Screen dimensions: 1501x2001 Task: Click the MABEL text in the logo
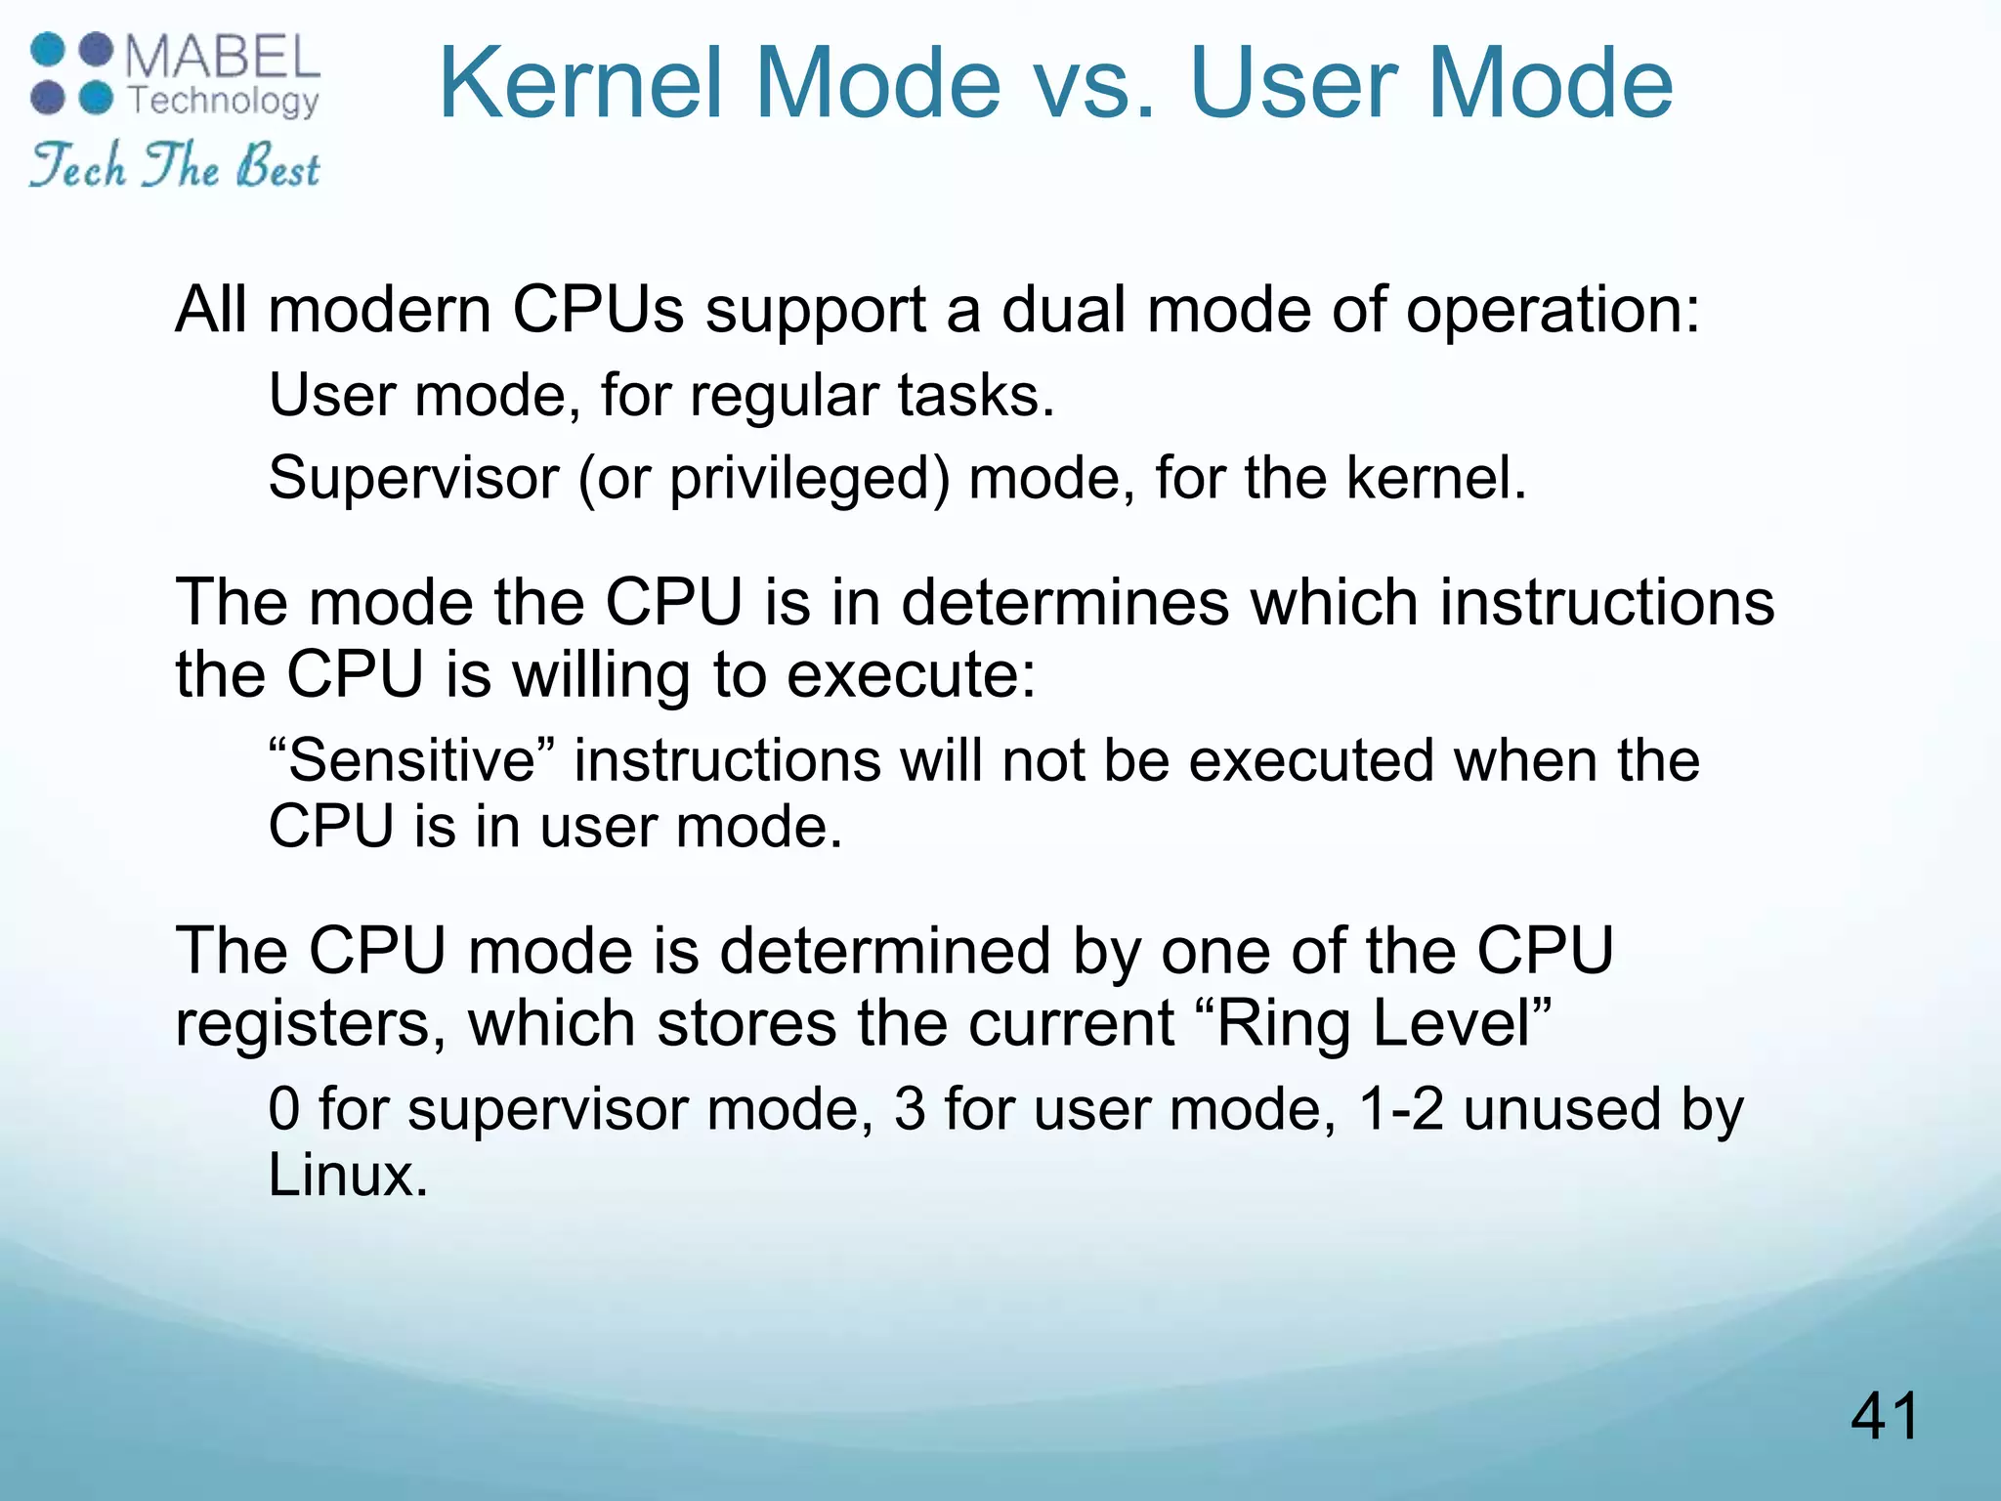point(223,59)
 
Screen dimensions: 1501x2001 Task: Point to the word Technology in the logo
point(224,101)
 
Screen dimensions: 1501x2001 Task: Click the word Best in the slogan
point(277,166)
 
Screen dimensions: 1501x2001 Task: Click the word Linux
point(348,1175)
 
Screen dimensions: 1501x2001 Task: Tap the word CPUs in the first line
point(598,310)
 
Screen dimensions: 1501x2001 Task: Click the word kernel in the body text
point(1435,479)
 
